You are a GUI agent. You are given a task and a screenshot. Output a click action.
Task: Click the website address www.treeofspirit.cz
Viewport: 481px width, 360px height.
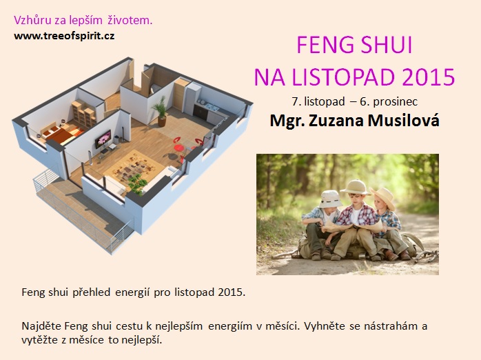(x=64, y=36)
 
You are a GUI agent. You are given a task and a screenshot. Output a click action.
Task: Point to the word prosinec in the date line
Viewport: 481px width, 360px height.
(x=395, y=101)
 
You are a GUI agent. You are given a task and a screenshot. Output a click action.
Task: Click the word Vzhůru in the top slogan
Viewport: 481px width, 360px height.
(x=32, y=20)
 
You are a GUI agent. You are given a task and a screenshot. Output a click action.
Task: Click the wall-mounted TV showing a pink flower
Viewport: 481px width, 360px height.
(x=103, y=139)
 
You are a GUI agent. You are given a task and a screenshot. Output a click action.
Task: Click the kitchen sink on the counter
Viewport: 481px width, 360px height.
(x=212, y=107)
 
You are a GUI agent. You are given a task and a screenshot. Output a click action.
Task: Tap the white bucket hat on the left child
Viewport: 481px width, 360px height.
(x=330, y=199)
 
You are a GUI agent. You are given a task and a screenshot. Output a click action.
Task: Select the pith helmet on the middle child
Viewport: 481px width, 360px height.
(x=356, y=187)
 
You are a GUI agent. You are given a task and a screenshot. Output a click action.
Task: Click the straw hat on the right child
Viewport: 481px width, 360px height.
(x=383, y=197)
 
